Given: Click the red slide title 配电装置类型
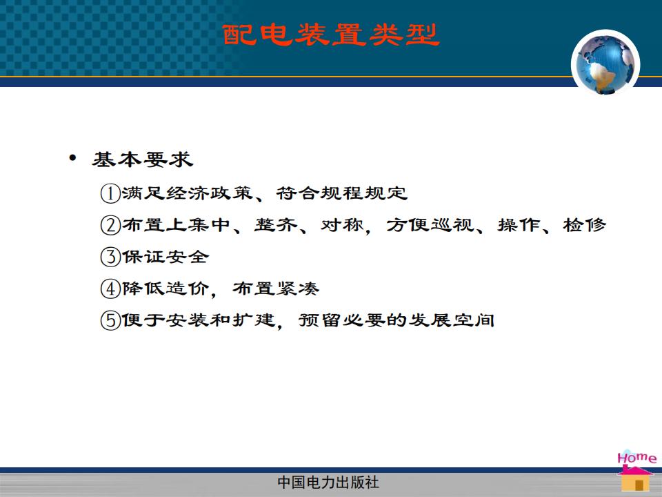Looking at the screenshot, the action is pos(331,35).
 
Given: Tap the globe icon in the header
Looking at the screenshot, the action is pos(605,64).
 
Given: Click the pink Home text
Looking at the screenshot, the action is pos(636,458).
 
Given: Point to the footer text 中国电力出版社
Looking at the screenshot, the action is pos(328,483).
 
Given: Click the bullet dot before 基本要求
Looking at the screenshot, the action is pos(72,158).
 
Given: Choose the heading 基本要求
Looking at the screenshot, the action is pos(143,159).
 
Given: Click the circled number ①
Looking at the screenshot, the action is pos(110,193).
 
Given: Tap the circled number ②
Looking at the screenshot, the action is pos(110,225).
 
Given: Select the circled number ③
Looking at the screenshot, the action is pos(110,257).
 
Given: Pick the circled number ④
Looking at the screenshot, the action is pos(110,289).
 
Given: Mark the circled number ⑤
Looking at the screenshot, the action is pos(110,320).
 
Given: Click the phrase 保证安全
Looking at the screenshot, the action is pos(165,257).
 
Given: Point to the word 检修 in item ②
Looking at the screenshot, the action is pos(584,225).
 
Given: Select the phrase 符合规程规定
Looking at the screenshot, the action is pos(342,193).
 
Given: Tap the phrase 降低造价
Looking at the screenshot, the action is pos(165,289).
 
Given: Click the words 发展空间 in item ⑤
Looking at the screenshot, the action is pos(452,320).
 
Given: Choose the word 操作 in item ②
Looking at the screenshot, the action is pos(519,225).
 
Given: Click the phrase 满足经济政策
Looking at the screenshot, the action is pos(188,193).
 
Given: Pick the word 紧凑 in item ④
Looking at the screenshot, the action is pos(298,289).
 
